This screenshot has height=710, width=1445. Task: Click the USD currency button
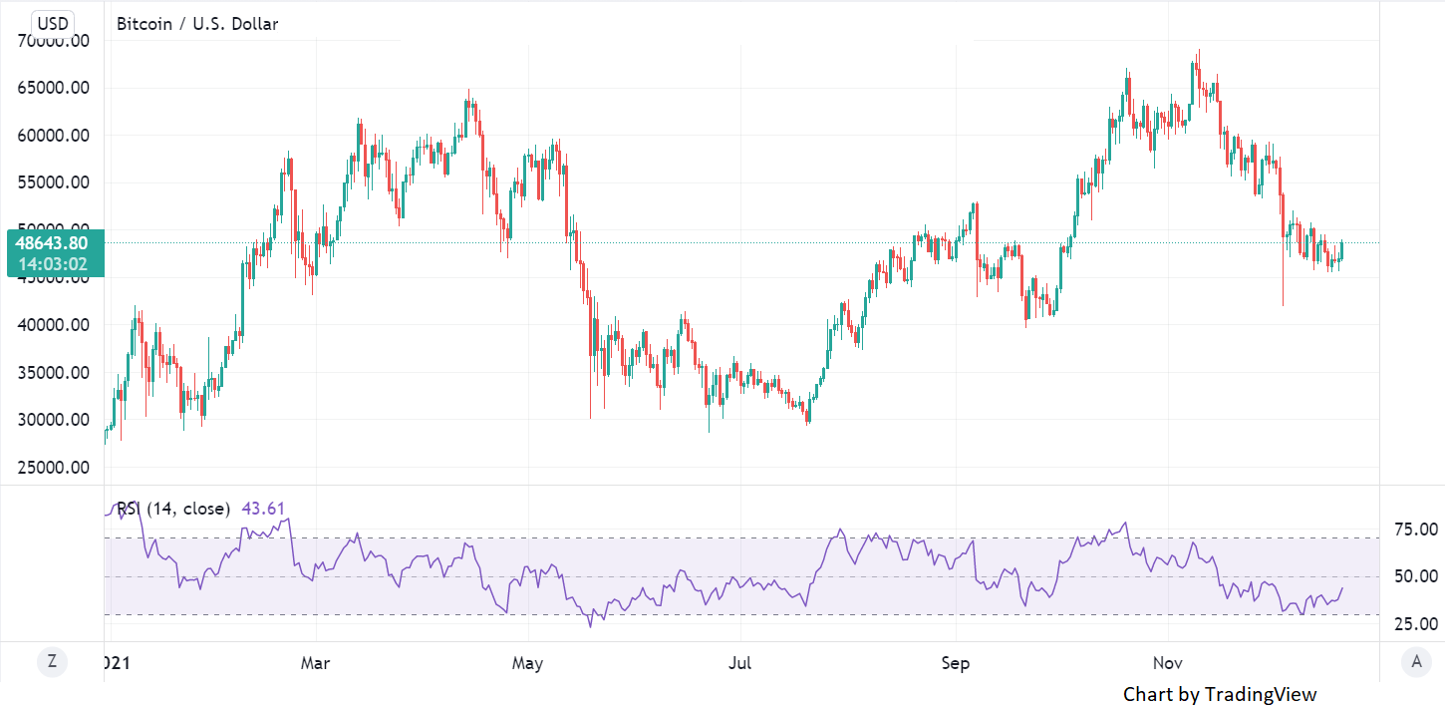click(x=52, y=23)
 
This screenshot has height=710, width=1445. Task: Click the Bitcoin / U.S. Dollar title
click(x=197, y=24)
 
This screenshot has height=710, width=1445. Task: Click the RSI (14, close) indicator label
click(x=173, y=509)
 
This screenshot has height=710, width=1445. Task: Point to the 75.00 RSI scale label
click(x=1415, y=530)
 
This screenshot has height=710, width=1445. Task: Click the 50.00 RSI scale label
click(x=1415, y=576)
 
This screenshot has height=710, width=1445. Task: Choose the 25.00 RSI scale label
click(x=1415, y=624)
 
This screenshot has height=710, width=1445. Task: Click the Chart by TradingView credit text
click(x=1220, y=694)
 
